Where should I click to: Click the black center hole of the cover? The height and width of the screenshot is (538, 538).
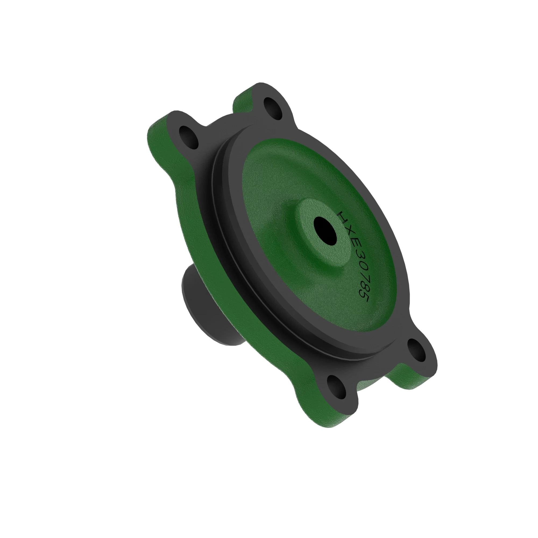click(325, 231)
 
